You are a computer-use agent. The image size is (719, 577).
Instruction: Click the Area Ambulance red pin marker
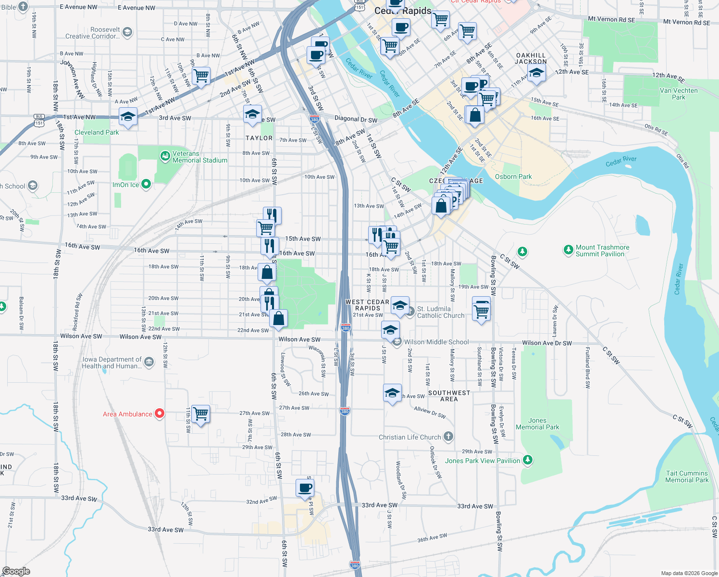[x=160, y=414]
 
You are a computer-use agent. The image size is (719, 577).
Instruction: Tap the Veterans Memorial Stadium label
[x=199, y=157]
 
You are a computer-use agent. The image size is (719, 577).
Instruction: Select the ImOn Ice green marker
[x=147, y=184]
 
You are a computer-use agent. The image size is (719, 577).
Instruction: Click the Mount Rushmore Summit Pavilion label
[x=602, y=251]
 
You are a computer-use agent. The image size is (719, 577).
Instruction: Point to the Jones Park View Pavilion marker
[x=528, y=460]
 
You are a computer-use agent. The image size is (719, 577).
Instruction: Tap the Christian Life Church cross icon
[x=448, y=437]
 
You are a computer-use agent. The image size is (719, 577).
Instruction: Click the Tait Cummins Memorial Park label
[x=687, y=477]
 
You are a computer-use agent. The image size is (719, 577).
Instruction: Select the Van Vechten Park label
[x=679, y=94]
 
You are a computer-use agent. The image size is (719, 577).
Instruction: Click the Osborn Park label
[x=513, y=176]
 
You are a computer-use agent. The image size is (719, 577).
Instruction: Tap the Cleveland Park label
[x=97, y=132]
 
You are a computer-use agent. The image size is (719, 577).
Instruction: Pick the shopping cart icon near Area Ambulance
[x=201, y=414]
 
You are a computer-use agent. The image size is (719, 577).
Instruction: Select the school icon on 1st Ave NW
[x=128, y=116]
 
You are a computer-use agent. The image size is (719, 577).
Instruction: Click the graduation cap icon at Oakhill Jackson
[x=536, y=73]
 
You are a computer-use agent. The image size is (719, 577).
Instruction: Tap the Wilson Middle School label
[x=436, y=342]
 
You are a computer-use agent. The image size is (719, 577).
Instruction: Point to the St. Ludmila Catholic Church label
[x=441, y=313]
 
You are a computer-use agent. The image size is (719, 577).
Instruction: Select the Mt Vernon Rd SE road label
[x=611, y=20]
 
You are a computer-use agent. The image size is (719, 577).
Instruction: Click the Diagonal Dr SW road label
[x=356, y=119]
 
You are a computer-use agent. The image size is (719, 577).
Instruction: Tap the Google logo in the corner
[x=16, y=571]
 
